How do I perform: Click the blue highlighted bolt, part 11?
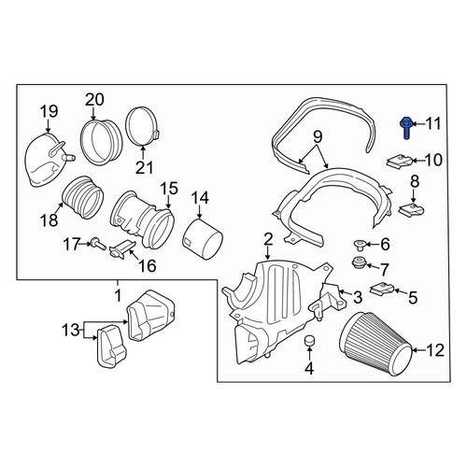[404, 128]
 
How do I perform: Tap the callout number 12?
[435, 350]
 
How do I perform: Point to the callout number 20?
[94, 100]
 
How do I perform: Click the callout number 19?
[50, 111]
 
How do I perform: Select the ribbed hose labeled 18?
[83, 197]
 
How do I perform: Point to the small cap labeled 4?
[308, 341]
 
